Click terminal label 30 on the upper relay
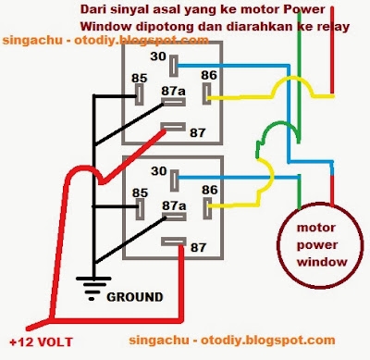pos(158,58)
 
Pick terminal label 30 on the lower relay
pos(158,170)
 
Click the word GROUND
pos(136,297)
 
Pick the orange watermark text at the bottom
pos(233,341)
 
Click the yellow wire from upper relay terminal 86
pos(239,95)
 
